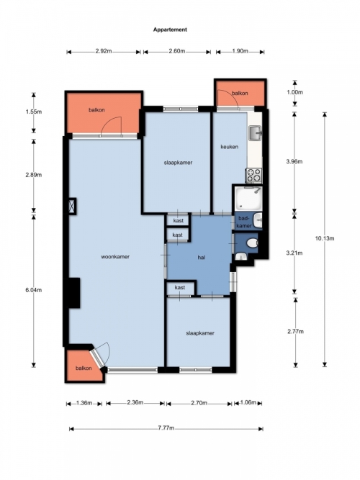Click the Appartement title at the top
(170, 30)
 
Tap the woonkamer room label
(115, 256)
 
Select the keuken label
(230, 147)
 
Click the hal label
(202, 258)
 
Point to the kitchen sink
(255, 133)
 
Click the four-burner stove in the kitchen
(253, 176)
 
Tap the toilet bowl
(253, 244)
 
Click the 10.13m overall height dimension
(325, 238)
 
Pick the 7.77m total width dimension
(166, 428)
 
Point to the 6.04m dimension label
(34, 290)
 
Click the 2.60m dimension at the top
(177, 51)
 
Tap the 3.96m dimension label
(294, 162)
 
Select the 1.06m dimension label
(248, 402)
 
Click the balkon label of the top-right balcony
(240, 93)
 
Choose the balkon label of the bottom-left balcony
(84, 368)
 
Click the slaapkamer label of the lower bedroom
(200, 333)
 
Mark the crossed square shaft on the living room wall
(72, 206)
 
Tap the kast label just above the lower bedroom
(180, 287)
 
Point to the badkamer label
(245, 222)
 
